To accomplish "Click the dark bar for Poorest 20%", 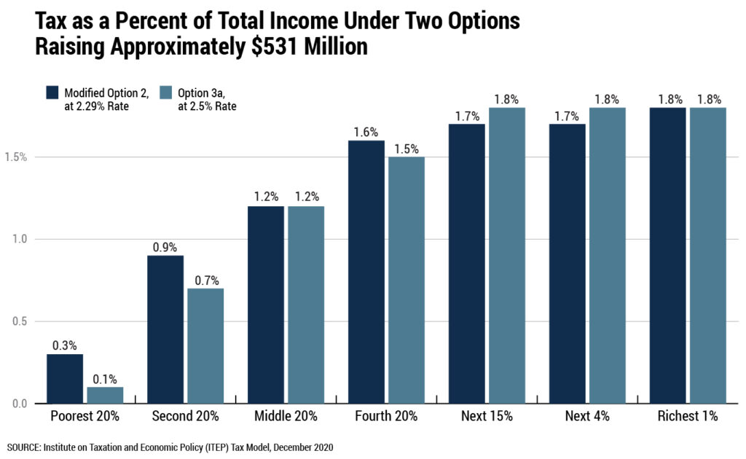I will pos(65,379).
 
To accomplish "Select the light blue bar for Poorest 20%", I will pos(105,395).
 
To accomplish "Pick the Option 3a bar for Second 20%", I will pos(205,346).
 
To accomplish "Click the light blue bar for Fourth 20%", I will pos(407,280).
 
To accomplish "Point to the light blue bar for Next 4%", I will pos(608,255).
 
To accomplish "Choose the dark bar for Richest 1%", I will pos(668,255).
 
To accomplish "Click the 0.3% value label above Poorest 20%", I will pos(65,345).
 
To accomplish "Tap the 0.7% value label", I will pos(205,279).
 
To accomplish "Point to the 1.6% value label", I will pos(366,132).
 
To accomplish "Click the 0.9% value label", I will pos(165,246).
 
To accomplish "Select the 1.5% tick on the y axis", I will pos(15,157).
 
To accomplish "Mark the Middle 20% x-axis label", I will pos(286,417).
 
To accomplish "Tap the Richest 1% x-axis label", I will pos(688,417).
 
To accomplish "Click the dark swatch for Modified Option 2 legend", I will pos(52,93).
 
